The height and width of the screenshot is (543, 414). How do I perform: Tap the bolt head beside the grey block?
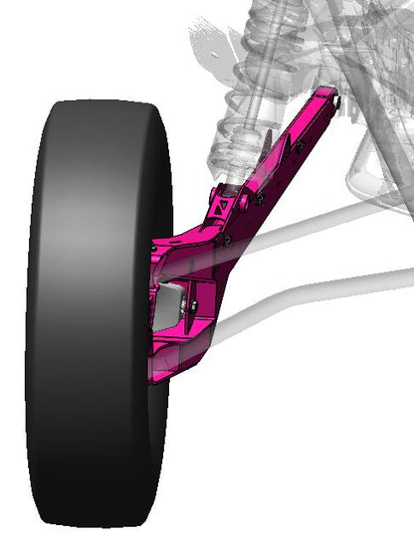pos(192,303)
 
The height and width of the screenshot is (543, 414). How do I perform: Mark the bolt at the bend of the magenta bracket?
pos(227,240)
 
